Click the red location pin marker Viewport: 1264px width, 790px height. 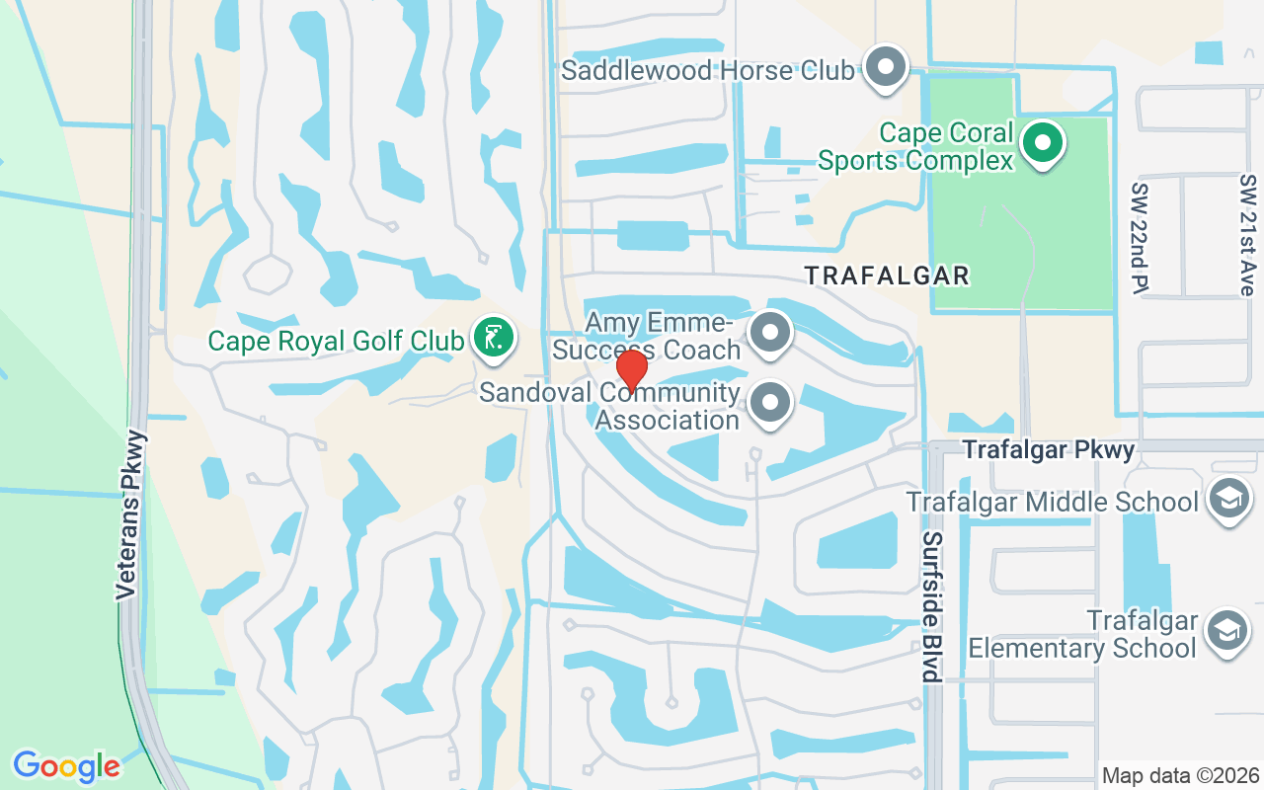632,372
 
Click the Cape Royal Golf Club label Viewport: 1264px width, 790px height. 336,342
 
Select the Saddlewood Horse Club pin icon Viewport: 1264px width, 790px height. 886,66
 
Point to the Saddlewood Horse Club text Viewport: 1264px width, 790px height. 707,71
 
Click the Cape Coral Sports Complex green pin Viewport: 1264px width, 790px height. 1042,142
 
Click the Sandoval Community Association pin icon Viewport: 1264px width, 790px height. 771,403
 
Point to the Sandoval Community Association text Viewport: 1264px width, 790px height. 610,407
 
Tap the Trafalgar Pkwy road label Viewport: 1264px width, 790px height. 1048,450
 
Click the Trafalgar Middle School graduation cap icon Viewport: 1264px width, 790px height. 1229,498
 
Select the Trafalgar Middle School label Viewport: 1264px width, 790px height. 1053,502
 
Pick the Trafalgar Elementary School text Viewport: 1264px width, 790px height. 1083,635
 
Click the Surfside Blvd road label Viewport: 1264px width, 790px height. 930,607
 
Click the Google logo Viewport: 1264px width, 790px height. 66,766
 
